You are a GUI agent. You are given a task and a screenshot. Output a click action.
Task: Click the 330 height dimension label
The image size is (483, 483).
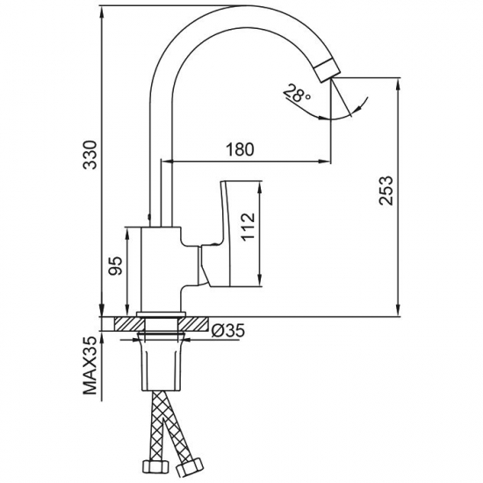(x=90, y=155)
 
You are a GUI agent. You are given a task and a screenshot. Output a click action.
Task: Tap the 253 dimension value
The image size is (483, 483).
(x=386, y=191)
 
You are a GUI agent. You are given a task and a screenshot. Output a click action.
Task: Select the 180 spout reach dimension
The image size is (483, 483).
(x=241, y=149)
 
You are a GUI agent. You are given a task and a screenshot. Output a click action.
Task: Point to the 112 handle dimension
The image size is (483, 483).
(x=248, y=227)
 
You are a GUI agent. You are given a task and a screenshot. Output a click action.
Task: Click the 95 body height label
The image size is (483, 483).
(x=116, y=265)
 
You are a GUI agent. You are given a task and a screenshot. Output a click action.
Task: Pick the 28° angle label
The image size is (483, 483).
(x=296, y=93)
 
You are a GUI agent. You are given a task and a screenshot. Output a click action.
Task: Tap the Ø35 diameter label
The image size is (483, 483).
(x=228, y=330)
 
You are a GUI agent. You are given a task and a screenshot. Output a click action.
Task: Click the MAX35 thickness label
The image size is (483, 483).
(x=90, y=366)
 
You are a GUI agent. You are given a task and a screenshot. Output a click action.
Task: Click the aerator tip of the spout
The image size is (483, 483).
(x=328, y=70)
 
